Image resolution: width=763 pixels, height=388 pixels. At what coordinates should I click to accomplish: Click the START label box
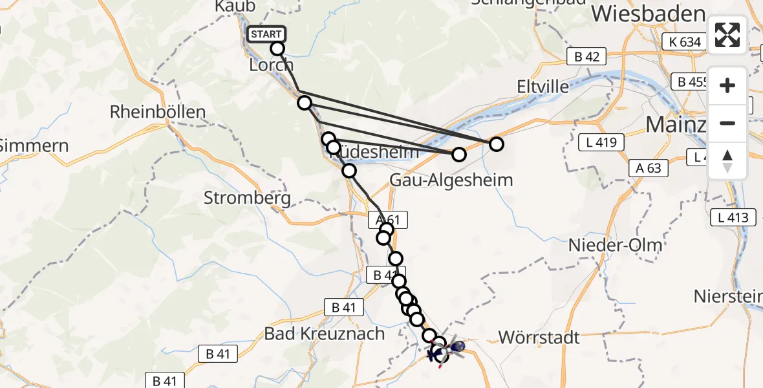265,34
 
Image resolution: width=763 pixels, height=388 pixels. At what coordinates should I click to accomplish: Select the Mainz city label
676,124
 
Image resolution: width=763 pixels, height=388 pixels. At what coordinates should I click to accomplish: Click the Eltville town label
543,86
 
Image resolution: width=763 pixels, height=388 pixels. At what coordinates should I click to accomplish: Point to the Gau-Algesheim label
451,180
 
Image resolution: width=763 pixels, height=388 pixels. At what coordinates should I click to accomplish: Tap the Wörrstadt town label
539,337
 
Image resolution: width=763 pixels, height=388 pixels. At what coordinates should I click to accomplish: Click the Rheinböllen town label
158,111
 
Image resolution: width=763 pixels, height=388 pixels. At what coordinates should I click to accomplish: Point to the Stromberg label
247,198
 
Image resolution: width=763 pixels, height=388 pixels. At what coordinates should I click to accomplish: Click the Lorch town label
272,65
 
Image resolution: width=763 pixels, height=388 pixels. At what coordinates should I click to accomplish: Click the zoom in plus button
727,86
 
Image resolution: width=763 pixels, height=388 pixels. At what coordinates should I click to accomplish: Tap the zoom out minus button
727,123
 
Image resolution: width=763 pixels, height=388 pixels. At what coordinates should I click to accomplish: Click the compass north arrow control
727,161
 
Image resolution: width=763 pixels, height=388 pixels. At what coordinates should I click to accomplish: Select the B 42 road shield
586,56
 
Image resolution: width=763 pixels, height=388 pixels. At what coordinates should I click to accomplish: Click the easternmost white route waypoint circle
496,144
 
